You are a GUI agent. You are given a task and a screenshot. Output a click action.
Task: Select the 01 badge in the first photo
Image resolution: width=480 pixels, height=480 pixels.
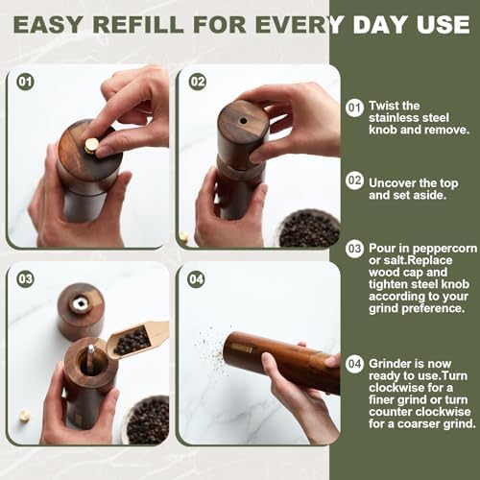[25, 82]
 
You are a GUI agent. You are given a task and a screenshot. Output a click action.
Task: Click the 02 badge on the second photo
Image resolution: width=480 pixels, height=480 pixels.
[197, 82]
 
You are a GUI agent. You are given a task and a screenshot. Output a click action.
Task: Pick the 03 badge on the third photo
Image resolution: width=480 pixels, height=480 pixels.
[25, 279]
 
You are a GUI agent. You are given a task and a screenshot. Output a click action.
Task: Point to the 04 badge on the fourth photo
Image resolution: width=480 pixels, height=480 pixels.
[197, 279]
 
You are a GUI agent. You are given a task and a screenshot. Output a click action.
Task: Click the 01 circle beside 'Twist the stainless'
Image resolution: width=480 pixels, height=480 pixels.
[355, 108]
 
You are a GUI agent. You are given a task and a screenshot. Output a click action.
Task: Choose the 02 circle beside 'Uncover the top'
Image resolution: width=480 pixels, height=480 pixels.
[355, 180]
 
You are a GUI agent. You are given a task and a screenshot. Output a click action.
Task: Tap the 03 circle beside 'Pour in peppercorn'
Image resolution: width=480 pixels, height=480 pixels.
[355, 249]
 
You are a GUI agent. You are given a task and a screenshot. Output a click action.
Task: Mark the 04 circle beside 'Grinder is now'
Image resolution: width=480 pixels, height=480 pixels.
[355, 364]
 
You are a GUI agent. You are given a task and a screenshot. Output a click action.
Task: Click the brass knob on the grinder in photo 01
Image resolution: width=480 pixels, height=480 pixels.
[92, 145]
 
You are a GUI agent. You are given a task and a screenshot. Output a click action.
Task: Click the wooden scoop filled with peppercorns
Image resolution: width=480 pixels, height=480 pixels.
[134, 338]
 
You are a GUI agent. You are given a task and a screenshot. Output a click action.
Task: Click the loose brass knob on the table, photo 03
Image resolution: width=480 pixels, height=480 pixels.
[24, 416]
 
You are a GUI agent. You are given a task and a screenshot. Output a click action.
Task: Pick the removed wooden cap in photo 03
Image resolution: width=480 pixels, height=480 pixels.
[81, 309]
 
